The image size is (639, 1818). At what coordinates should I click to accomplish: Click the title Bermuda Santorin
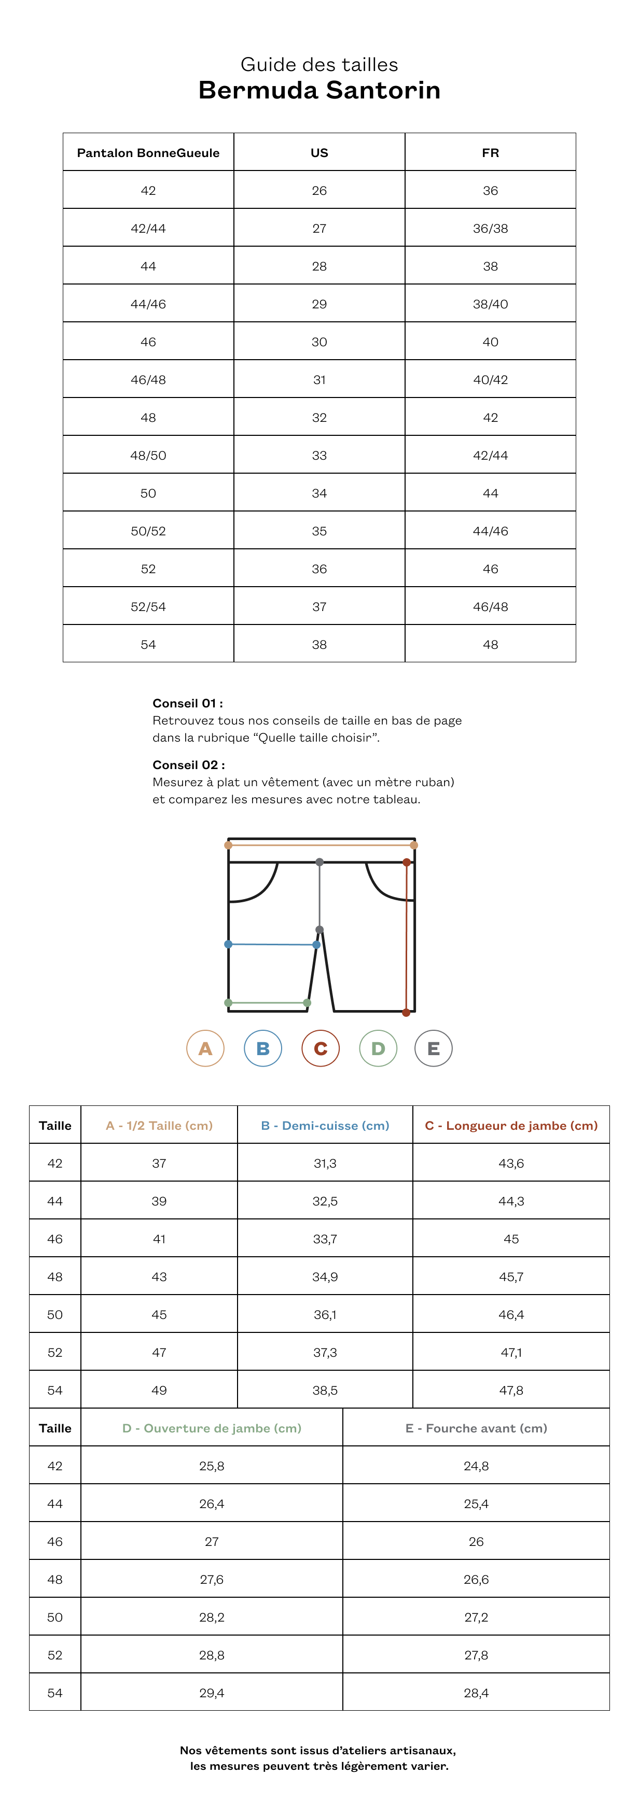coord(319,90)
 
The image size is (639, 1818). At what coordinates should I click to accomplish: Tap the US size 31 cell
coord(319,380)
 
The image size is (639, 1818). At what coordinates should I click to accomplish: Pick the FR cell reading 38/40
coord(490,304)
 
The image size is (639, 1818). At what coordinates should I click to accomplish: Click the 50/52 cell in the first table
coord(148,531)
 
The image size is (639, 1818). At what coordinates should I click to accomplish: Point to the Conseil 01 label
coord(188,703)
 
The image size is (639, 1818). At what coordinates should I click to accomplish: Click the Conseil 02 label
coord(188,765)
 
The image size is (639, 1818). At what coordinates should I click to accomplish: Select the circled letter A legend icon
coord(205,1048)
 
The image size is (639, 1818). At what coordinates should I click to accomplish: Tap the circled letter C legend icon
coord(321,1048)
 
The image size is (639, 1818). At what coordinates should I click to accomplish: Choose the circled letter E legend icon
coord(434,1048)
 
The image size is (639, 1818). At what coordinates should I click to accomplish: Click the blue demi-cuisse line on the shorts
coord(272,944)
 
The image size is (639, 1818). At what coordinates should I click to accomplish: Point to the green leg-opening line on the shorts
coord(268,1002)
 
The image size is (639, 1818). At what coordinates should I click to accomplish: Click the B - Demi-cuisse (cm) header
coord(325,1126)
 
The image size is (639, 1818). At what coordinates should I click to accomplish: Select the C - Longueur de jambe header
coord(511,1126)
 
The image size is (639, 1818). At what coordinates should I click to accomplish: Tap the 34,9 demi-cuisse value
coord(325,1276)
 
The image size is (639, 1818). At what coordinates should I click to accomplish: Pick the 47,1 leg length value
coord(511,1352)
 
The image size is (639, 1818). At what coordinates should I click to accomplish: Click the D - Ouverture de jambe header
coord(212,1428)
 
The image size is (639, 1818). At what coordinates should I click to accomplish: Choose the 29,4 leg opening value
coord(212,1693)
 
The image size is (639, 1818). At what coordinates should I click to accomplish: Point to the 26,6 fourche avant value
coord(476,1579)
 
